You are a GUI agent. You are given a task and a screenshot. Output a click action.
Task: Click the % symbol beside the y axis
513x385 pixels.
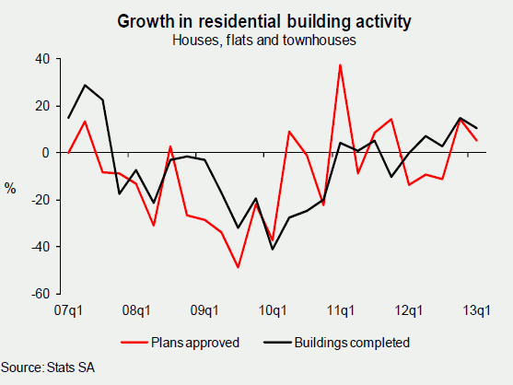point(10,189)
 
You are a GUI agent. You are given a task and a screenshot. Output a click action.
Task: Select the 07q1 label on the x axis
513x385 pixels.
point(68,309)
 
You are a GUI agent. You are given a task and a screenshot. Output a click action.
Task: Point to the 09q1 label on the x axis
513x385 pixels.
point(204,309)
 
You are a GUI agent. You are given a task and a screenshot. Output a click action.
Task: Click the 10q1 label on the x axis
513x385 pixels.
point(273,309)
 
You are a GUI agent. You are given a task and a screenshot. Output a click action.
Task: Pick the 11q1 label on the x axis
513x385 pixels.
point(341,309)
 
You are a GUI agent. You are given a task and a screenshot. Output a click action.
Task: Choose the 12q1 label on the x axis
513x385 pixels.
point(409,309)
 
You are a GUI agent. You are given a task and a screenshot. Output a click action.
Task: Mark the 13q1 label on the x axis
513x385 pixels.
point(476,309)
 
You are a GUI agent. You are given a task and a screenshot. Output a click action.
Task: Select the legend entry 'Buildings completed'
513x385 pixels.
point(351,343)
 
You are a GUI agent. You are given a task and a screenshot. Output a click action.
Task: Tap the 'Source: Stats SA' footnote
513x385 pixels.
point(48,367)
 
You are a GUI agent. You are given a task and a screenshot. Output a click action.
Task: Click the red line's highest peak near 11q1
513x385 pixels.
point(341,64)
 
